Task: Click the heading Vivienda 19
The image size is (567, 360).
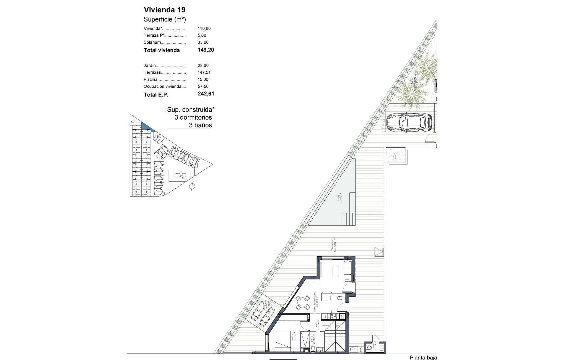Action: [x=164, y=10]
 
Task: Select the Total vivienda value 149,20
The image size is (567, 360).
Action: [x=206, y=50]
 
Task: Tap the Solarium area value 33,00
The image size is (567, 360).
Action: [x=203, y=42]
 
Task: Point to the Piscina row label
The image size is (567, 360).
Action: [x=150, y=79]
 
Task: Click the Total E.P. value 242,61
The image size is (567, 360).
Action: [x=206, y=94]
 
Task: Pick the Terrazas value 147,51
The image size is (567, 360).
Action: [x=204, y=72]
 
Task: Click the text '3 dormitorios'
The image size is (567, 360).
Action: [x=193, y=117]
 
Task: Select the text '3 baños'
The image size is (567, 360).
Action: [x=200, y=125]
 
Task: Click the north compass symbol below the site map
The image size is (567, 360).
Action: [x=192, y=186]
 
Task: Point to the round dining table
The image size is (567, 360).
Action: [x=303, y=303]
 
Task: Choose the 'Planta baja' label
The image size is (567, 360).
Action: [x=423, y=357]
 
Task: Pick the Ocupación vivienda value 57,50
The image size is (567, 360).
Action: [x=203, y=86]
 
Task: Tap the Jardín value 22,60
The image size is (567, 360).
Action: [x=203, y=65]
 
